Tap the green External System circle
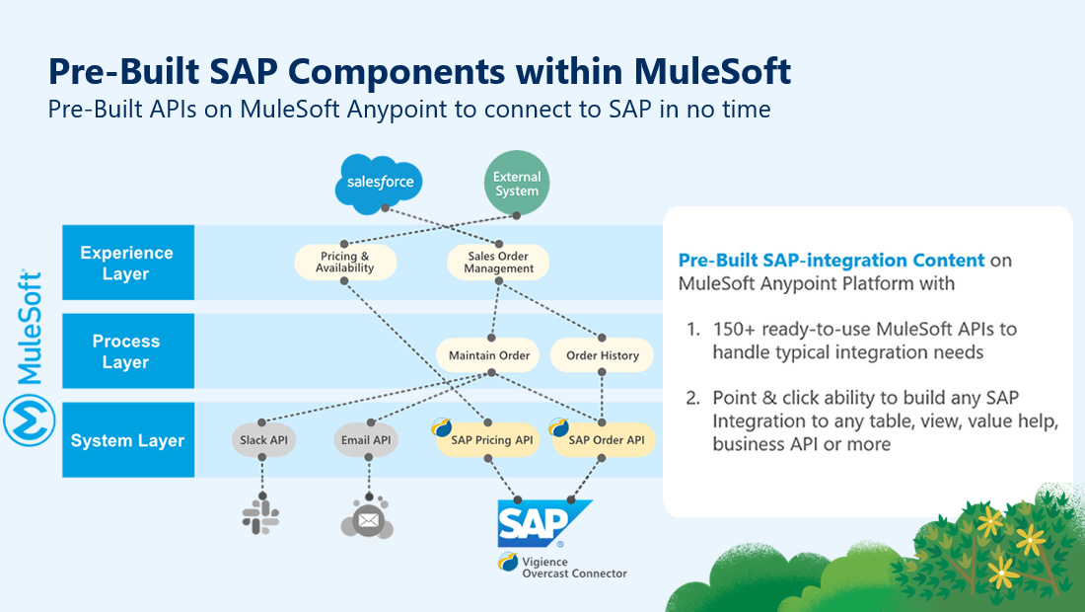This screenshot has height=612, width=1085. (517, 183)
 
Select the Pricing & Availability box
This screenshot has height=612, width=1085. (345, 263)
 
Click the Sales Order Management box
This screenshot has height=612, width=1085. (498, 263)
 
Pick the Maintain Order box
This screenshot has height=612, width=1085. (489, 355)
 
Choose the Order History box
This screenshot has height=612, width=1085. (603, 355)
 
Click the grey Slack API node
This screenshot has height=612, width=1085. (263, 440)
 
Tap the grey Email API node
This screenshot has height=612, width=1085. (366, 440)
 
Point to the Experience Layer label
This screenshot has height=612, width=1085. (126, 263)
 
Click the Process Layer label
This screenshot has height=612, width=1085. (126, 351)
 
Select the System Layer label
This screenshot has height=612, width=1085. (127, 440)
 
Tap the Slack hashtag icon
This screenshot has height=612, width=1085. (261, 516)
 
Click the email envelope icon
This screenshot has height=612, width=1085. (367, 519)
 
